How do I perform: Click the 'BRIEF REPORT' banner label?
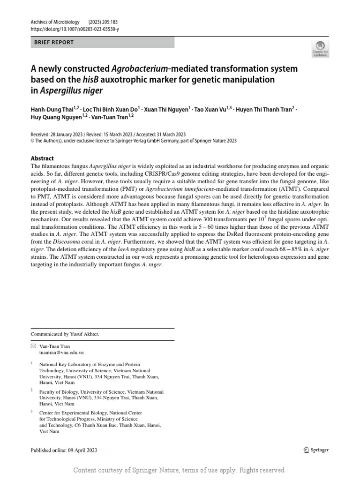pos(54,42)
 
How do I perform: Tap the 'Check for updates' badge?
pos(320,49)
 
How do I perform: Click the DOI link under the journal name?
pos(75,29)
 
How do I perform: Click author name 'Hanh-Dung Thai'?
pos(50,109)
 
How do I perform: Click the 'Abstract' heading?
pos(42,158)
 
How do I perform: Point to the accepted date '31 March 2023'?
pos(169,134)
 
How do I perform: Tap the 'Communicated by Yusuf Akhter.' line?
pos(65,334)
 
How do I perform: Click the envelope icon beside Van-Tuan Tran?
pos(33,346)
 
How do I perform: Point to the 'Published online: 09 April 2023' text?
pos(64,450)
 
